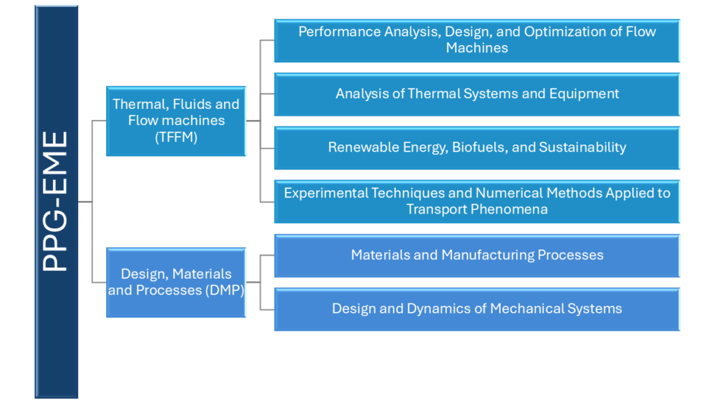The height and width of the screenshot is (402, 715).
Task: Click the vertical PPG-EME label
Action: pyautogui.click(x=55, y=201)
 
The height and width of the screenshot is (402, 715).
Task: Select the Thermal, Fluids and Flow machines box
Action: pyautogui.click(x=176, y=121)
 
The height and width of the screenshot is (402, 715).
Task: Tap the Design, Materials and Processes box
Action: pyautogui.click(x=176, y=282)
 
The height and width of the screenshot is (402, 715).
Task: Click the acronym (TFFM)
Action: pyautogui.click(x=176, y=137)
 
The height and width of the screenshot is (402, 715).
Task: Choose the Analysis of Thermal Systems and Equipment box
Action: pyautogui.click(x=477, y=94)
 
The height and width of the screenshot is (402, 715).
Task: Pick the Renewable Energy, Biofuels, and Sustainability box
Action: pyautogui.click(x=477, y=148)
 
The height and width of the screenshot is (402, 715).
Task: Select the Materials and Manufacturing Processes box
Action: pyautogui.click(x=477, y=255)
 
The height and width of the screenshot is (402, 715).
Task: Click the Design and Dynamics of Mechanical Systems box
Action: pyautogui.click(x=477, y=309)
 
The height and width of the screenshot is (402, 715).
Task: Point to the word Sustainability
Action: pyautogui.click(x=582, y=148)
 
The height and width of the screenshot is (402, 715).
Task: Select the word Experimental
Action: pyautogui.click(x=325, y=193)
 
